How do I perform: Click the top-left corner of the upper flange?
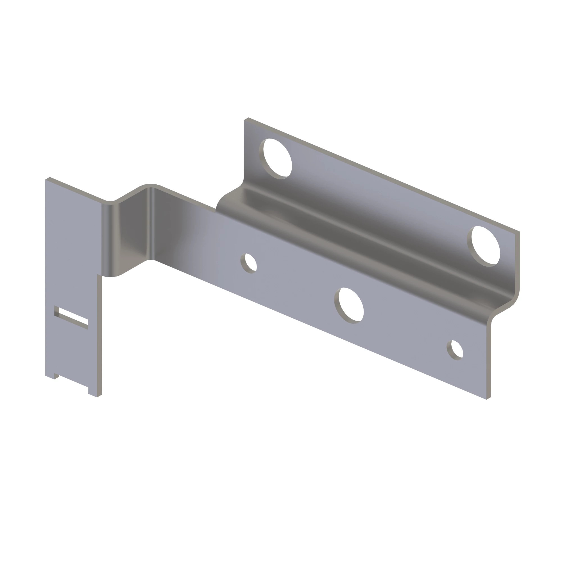[246, 119]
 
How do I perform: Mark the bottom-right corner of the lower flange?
[488, 399]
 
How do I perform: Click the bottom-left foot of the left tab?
[50, 377]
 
